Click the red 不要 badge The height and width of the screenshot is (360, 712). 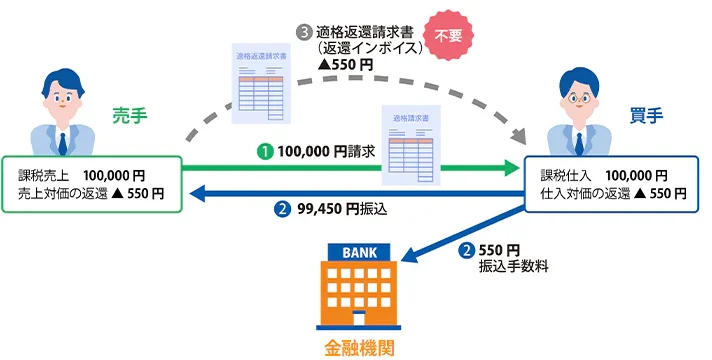[448, 35]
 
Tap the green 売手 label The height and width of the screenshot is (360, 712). [130, 116]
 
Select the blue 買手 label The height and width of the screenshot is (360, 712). [647, 116]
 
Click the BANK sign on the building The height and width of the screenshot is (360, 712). [359, 252]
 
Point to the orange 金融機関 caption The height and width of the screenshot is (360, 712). [359, 348]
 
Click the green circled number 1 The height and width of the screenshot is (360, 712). [265, 152]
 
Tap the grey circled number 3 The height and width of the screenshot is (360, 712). [304, 33]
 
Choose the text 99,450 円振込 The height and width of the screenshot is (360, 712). [342, 209]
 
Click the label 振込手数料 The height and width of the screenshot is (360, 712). [514, 266]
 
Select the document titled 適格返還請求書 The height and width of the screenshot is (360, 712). [261, 83]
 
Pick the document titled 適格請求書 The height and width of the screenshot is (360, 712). [411, 145]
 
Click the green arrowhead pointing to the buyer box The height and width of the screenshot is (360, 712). [512, 168]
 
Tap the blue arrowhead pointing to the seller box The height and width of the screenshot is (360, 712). [198, 194]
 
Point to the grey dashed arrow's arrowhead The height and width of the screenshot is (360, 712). [519, 136]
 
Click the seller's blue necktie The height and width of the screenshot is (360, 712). [63, 143]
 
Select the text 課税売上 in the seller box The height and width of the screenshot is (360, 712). [44, 175]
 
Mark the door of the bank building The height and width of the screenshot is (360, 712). [359, 318]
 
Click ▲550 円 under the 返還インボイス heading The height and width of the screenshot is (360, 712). [345, 64]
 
